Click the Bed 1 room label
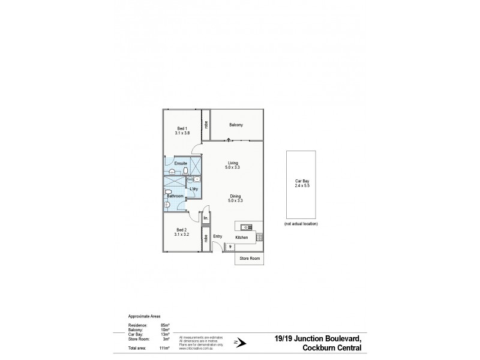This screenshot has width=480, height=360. pyautogui.click(x=182, y=128)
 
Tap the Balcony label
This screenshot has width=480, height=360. pyautogui.click(x=236, y=125)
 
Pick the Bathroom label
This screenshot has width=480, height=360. pyautogui.click(x=175, y=196)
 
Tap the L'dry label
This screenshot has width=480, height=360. pyautogui.click(x=194, y=190)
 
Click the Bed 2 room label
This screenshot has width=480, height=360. pyautogui.click(x=182, y=230)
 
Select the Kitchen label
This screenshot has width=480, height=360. pyautogui.click(x=241, y=238)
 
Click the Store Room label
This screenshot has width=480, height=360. pyautogui.click(x=248, y=259)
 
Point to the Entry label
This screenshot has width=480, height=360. pyautogui.click(x=217, y=236)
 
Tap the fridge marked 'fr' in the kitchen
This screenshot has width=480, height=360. pyautogui.click(x=230, y=245)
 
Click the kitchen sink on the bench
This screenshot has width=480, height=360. pyautogui.click(x=246, y=227)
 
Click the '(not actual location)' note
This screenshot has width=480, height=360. pyautogui.click(x=301, y=224)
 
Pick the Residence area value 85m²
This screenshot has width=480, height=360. pyautogui.click(x=163, y=325)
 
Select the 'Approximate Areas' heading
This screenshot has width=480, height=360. pyautogui.click(x=145, y=316)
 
